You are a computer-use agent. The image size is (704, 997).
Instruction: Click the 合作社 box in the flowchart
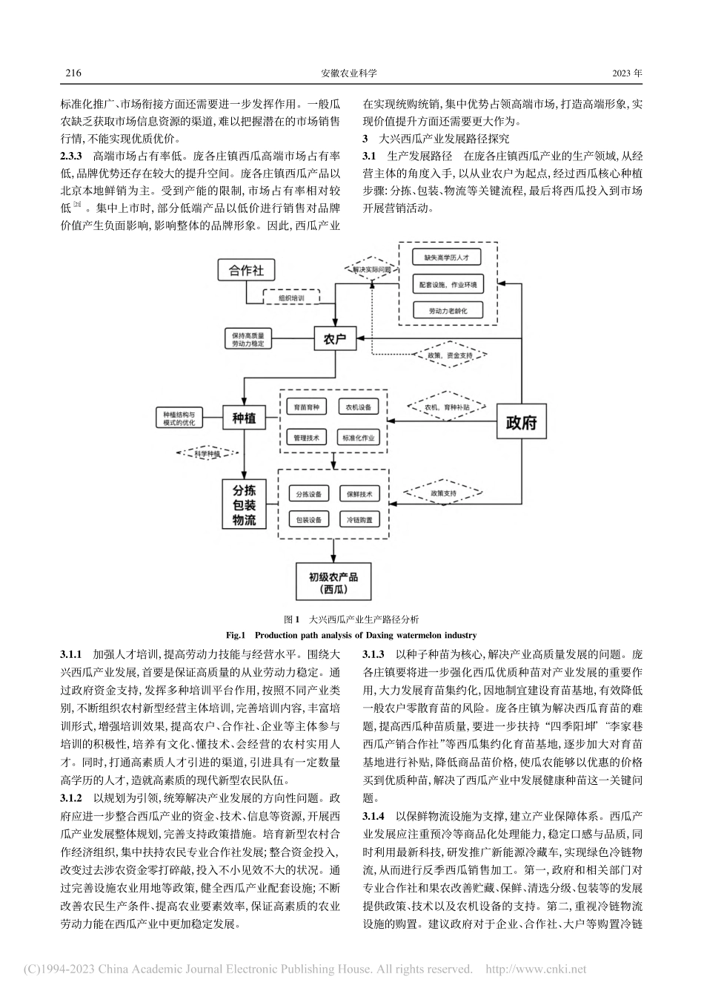pos(246,270)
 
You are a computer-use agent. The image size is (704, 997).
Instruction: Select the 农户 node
pos(334,339)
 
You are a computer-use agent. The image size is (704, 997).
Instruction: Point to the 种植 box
pos(244,418)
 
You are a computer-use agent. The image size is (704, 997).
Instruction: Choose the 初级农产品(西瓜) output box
pos(333,582)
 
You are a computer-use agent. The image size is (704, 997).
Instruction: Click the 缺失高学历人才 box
pos(447,257)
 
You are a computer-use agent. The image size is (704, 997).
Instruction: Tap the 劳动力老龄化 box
pos(447,309)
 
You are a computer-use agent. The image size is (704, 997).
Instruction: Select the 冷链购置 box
pos(359,519)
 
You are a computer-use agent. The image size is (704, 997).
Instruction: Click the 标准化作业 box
pos(359,438)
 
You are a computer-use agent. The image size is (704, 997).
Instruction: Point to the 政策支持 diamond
pos(442,493)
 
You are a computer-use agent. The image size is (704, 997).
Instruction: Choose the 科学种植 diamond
pos(209,453)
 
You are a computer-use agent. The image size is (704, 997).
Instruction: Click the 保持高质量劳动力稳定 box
pos(248,339)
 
